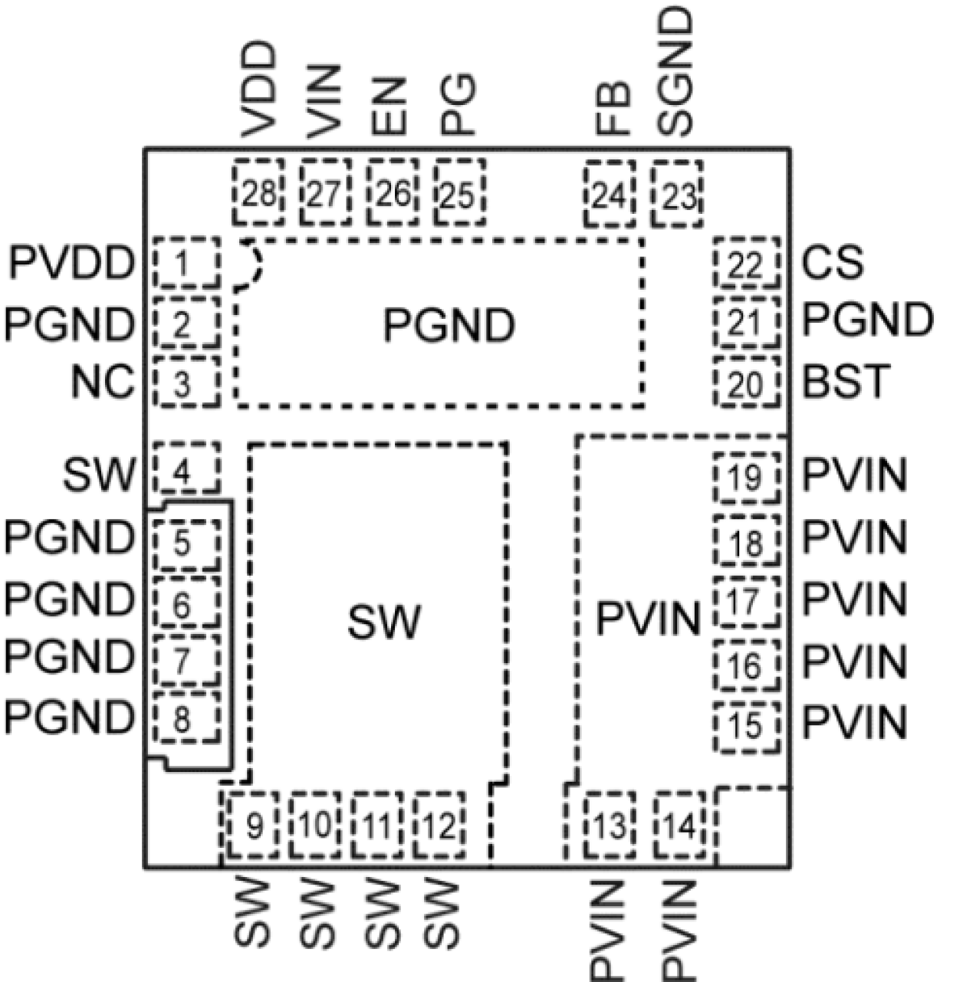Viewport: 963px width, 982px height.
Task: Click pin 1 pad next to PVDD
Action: point(186,264)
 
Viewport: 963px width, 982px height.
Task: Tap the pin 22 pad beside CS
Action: point(747,264)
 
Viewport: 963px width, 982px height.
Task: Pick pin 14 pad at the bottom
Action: point(680,826)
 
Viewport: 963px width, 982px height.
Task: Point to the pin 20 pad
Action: point(747,383)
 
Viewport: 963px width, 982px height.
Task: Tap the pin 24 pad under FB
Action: point(610,195)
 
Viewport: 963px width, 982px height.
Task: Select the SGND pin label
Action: point(677,74)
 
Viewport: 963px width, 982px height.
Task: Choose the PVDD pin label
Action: point(71,264)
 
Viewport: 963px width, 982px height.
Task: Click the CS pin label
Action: point(832,264)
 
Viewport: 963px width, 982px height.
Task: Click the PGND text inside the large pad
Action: point(449,326)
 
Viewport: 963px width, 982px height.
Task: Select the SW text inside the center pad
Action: point(383,622)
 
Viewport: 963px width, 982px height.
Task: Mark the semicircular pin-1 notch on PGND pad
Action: point(250,266)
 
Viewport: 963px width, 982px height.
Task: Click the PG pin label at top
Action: point(458,105)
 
